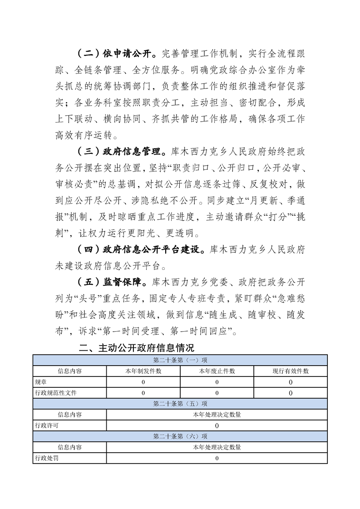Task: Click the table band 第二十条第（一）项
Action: [180, 360]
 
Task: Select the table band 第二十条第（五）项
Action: [180, 404]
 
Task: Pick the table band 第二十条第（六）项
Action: [180, 436]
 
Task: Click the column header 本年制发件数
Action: [143, 371]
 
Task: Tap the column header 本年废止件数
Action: [217, 371]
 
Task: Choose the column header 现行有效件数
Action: [291, 371]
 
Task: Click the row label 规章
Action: [40, 382]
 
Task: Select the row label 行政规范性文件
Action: [55, 393]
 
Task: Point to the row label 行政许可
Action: [46, 426]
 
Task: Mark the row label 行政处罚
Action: [46, 458]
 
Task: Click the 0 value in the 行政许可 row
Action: [217, 426]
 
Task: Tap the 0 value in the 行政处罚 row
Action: [217, 458]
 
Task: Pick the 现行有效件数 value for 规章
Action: [291, 382]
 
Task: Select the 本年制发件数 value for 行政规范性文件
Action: [143, 393]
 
